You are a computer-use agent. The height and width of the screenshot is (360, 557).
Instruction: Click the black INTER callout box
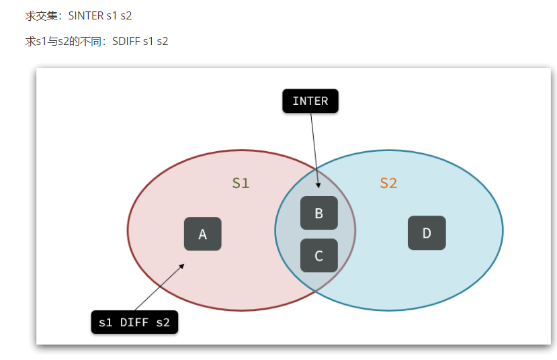(310, 101)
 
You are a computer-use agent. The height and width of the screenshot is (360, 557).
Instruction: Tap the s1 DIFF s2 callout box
(134, 322)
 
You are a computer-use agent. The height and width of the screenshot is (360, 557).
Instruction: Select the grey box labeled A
(203, 234)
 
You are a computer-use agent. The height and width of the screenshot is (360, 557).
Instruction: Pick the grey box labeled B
(318, 214)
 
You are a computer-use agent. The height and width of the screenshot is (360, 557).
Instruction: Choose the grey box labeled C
(318, 255)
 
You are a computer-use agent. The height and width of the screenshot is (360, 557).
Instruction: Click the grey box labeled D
(427, 233)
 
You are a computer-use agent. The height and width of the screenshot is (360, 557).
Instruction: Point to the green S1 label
(241, 183)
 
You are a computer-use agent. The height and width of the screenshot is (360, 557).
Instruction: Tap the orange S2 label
(388, 183)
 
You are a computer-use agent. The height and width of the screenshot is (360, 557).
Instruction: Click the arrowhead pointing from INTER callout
(318, 185)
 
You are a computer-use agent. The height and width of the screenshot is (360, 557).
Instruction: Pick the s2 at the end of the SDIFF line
(162, 41)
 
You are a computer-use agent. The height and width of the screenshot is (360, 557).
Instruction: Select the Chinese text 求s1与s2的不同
(64, 41)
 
